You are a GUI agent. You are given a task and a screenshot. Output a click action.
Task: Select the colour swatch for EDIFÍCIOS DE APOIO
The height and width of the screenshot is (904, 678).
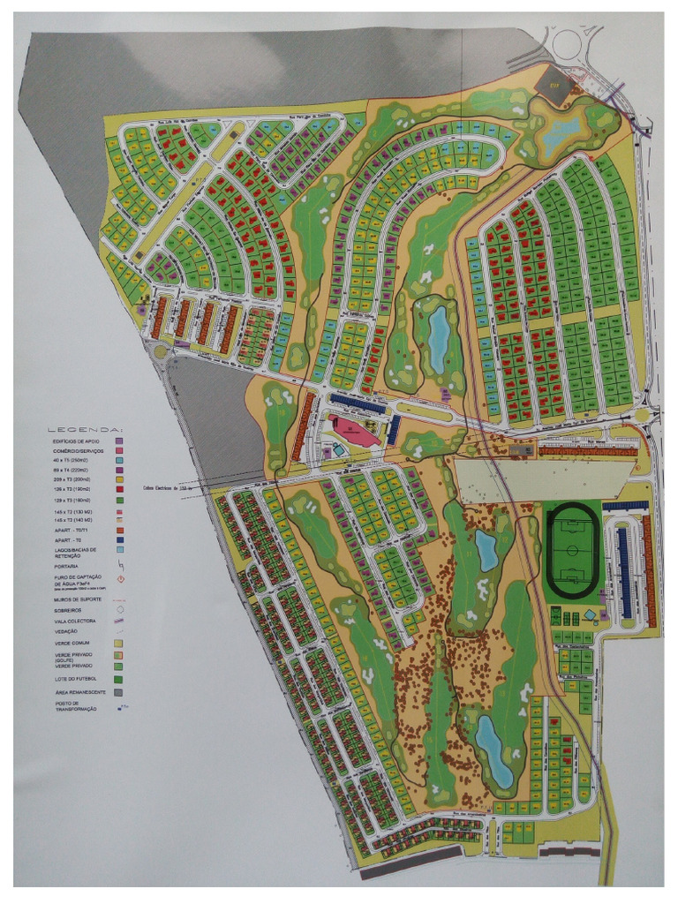point(119,440)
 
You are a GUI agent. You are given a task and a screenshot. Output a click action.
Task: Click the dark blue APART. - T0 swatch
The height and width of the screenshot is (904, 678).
point(119,539)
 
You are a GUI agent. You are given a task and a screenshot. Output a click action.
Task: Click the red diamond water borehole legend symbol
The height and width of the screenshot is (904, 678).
point(119,580)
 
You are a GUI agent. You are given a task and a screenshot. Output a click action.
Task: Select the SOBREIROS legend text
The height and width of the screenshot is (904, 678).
point(72,608)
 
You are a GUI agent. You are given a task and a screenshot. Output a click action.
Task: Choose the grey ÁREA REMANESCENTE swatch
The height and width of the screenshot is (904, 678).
point(119,693)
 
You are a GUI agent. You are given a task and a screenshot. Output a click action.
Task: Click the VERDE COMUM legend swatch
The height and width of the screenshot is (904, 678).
point(119,643)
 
